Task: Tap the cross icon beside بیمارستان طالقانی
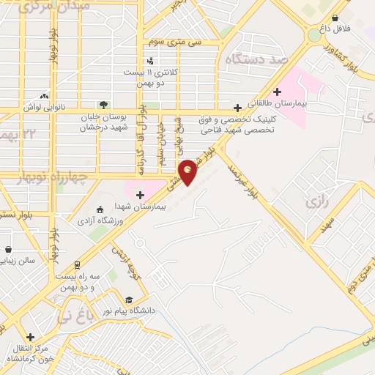[277, 92]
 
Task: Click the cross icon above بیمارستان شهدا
[140, 194]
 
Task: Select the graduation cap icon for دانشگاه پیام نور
[129, 300]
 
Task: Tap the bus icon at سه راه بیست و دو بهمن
[77, 265]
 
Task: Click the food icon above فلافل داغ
[335, 18]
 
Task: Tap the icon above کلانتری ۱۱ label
[150, 61]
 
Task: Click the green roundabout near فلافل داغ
[313, 34]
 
